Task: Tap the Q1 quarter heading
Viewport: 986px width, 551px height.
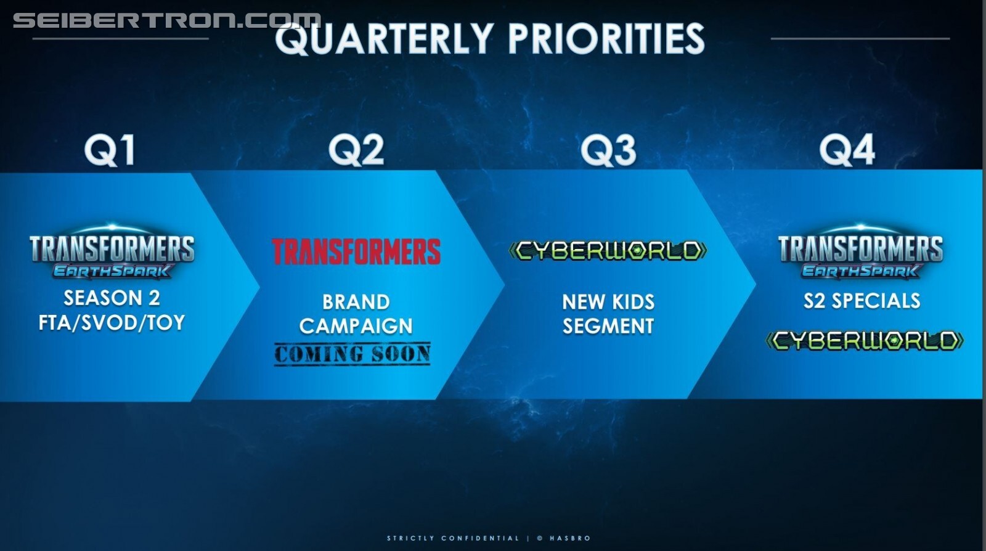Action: coord(110,150)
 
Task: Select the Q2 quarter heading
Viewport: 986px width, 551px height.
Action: coord(356,150)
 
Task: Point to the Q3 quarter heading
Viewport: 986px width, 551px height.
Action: coord(608,150)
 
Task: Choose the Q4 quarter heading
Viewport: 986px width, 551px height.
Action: coord(847,150)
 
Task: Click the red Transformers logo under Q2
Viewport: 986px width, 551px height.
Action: coord(356,251)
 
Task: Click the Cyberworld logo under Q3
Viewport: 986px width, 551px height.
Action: coord(608,250)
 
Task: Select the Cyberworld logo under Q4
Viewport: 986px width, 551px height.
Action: coord(865,341)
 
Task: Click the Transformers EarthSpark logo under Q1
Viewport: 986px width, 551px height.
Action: coord(112,252)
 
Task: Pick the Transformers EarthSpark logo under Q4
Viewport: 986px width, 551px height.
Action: coord(860,252)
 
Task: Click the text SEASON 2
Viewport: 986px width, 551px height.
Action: coord(112,298)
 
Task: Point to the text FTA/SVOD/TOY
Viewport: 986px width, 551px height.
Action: coord(112,322)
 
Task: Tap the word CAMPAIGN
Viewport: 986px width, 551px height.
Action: coord(356,326)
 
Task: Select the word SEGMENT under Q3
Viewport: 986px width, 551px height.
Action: coord(608,326)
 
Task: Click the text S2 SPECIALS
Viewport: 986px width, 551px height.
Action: coord(862,301)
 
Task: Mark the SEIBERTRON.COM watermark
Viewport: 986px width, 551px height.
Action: coord(167,20)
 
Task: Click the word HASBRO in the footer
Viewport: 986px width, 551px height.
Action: coord(570,538)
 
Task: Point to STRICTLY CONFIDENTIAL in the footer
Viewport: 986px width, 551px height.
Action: coord(453,538)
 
